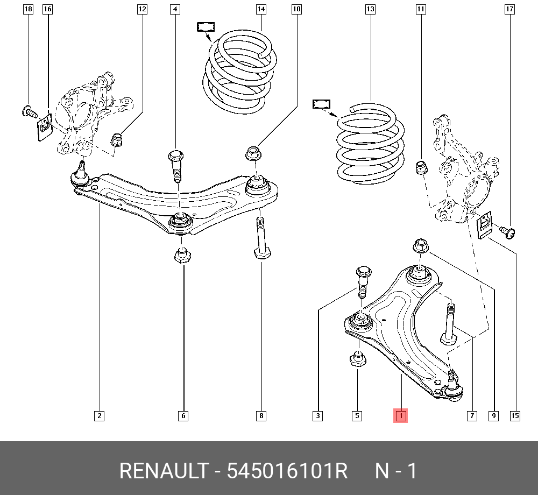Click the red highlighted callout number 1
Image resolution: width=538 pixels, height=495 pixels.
click(x=401, y=415)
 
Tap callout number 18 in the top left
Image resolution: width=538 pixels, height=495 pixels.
click(x=28, y=9)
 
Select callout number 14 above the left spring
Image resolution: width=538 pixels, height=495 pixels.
click(x=261, y=9)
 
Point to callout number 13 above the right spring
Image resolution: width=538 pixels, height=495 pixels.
click(x=370, y=9)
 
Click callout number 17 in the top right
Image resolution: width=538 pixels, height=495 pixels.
click(x=509, y=9)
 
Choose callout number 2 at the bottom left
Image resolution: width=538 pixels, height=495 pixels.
click(x=99, y=415)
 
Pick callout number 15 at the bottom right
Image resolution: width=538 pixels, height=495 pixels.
click(x=515, y=415)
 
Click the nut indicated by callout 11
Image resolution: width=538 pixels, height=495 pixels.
click(x=421, y=168)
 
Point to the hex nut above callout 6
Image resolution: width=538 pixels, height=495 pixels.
click(x=183, y=254)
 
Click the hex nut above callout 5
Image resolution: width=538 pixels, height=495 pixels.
click(x=358, y=358)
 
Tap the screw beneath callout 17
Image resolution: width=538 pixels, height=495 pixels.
click(x=507, y=232)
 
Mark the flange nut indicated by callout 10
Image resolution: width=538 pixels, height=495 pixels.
click(x=254, y=153)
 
